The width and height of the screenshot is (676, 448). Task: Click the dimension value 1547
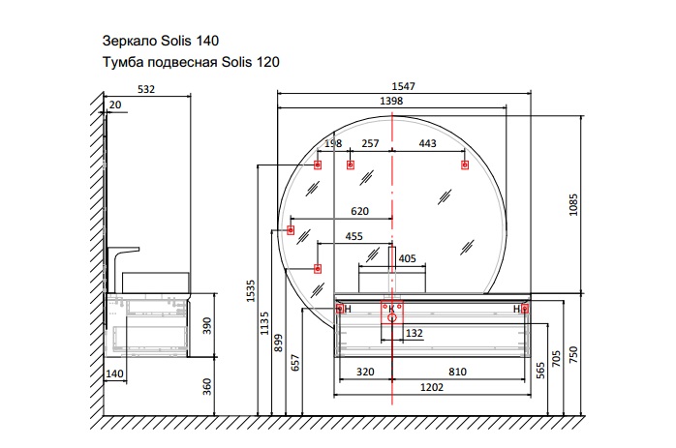tap(403, 86)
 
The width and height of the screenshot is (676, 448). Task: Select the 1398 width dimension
tap(391, 101)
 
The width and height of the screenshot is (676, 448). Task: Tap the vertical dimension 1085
tap(573, 205)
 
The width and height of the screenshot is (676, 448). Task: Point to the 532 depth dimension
tap(146, 89)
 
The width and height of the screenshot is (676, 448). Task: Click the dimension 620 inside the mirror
tap(359, 211)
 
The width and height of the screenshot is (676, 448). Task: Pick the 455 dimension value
tap(353, 236)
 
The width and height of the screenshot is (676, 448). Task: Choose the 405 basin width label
tap(407, 258)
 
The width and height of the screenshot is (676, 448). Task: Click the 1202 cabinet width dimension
tap(432, 387)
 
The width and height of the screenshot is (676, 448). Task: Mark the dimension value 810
tap(457, 372)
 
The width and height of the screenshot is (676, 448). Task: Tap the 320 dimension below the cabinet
tap(365, 372)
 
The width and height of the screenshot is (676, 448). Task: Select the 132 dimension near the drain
tap(414, 333)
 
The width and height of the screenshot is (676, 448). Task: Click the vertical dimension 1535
tap(251, 291)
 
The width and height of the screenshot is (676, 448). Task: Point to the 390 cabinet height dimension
tap(207, 326)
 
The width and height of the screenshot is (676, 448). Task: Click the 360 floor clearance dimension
tap(207, 386)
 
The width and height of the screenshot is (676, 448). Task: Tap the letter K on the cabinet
tap(391, 309)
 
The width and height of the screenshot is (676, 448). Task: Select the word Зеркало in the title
tap(130, 41)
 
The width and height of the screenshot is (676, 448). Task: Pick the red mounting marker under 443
tap(465, 165)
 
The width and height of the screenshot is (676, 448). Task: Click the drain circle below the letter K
tap(392, 318)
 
